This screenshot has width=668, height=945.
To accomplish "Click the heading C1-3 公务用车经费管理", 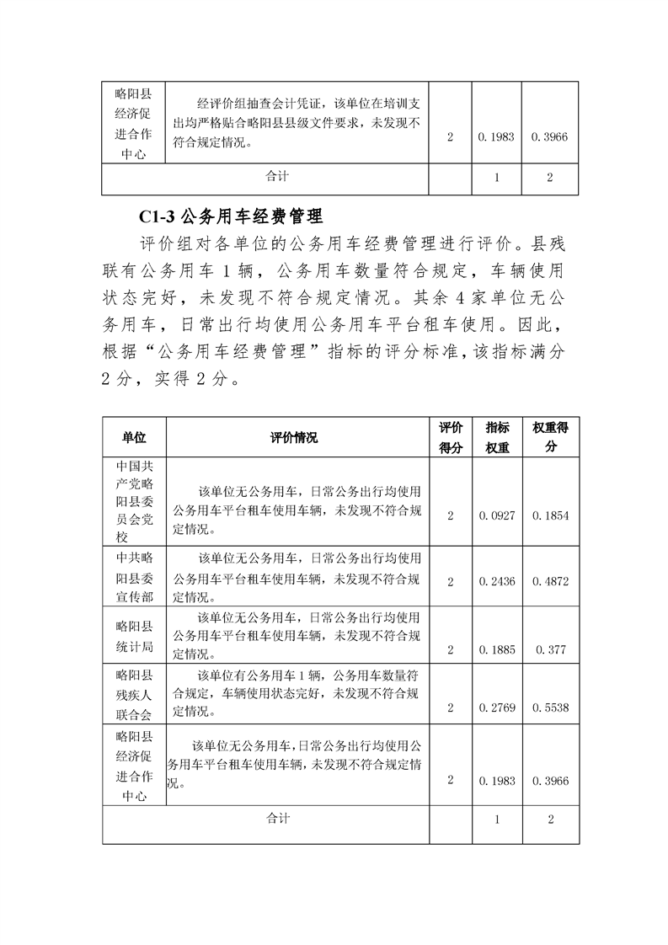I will point(228,216).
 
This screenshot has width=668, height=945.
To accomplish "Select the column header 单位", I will point(134,437).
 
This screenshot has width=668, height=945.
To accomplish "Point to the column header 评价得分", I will point(451,437).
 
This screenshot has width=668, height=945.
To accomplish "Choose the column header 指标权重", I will point(497,437).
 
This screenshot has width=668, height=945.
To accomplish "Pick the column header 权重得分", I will point(550,437).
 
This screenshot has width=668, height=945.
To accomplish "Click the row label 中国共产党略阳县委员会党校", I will point(134,501).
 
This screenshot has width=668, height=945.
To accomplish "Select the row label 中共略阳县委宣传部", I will point(134,578).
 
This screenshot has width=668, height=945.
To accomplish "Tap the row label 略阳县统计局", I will point(134,637).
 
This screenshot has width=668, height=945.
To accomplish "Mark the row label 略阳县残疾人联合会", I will point(134,695).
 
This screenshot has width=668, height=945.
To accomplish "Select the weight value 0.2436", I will point(497,582).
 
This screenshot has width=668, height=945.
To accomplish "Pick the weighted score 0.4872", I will point(550,582).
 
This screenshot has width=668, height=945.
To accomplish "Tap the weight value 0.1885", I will point(497,649).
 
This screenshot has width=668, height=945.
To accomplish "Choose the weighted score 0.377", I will point(550,649).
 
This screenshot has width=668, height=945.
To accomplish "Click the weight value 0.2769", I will point(497,707).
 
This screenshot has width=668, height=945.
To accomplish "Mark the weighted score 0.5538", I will point(550,707).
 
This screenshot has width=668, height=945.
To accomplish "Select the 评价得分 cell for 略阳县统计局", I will point(451,649).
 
